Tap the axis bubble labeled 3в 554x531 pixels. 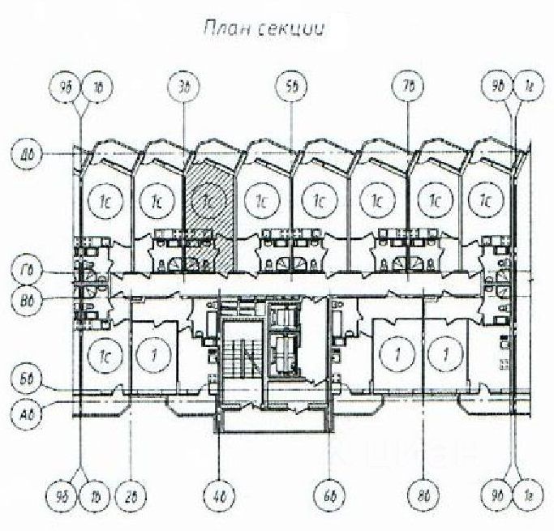tap(184, 84)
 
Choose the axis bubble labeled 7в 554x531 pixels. tap(406, 84)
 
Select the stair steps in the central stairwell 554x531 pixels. tap(242, 354)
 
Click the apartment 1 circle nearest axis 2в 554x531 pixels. tap(149, 354)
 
